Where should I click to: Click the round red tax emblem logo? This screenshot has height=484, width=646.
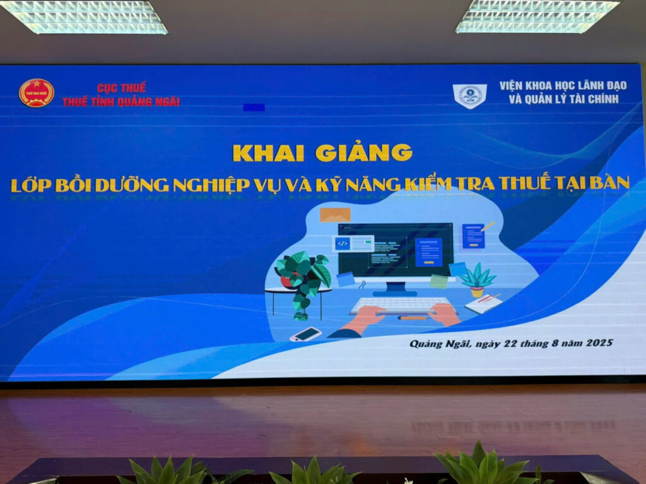click(x=36, y=94)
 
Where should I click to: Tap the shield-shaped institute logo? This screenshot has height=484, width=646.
click(x=469, y=96)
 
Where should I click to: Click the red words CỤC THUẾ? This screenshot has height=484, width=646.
click(x=122, y=88)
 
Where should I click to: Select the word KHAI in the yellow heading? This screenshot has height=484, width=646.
click(x=268, y=153)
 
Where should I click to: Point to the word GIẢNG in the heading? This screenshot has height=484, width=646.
click(x=364, y=152)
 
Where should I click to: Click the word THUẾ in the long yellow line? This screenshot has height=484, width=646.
click(x=524, y=183)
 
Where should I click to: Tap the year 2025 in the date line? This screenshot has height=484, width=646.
click(x=599, y=342)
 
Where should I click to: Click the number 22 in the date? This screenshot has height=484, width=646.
click(x=510, y=343)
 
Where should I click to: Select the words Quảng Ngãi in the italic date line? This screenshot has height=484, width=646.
click(x=440, y=344)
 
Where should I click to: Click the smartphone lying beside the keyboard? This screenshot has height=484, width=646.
click(x=305, y=334)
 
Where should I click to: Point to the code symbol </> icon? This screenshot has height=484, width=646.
click(x=343, y=243)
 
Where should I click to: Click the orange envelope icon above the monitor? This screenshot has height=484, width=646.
click(x=336, y=215)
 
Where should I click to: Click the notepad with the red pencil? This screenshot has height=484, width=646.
click(x=484, y=304)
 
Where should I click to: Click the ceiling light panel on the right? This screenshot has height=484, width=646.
click(x=537, y=16)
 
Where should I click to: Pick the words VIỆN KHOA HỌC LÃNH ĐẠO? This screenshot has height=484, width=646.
click(x=563, y=86)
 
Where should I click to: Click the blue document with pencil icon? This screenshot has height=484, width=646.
click(x=476, y=236)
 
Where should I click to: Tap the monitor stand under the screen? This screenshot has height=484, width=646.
click(x=395, y=288)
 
